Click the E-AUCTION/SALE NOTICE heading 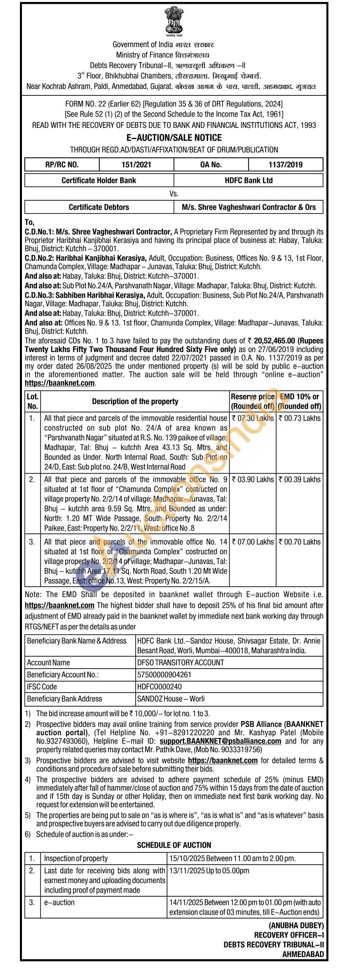click(x=174, y=138)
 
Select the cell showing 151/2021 click(x=136, y=164)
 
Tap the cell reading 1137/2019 click(x=286, y=164)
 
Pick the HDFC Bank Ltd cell click(x=249, y=180)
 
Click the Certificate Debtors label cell click(x=99, y=207)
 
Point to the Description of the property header click(x=135, y=402)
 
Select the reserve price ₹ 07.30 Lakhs click(x=253, y=418)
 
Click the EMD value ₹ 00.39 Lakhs click(x=300, y=479)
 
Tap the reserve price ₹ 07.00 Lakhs click(x=253, y=542)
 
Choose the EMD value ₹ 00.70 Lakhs click(x=300, y=542)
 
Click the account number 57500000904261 click(x=164, y=675)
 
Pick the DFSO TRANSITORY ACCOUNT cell click(x=180, y=663)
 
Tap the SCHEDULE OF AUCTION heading click(x=174, y=845)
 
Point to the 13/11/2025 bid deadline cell click(x=209, y=871)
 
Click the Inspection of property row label click(x=76, y=858)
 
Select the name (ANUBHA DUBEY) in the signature click(x=296, y=925)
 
